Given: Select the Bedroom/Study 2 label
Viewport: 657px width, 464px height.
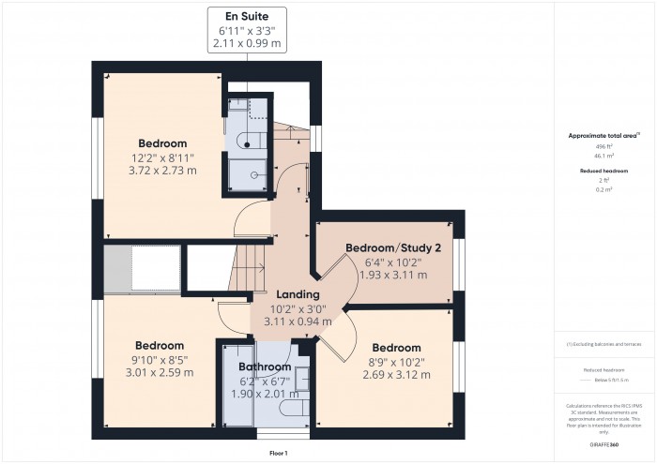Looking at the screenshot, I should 393,247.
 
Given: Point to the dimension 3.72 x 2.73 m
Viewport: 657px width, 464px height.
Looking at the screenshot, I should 163,171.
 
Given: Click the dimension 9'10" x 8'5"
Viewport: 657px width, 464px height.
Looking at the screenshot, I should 163,358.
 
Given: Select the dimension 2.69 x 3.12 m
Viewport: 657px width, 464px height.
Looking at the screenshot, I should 396,375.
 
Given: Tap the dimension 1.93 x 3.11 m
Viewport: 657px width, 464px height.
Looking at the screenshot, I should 393,275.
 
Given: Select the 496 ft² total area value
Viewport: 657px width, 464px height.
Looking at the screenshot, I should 604,147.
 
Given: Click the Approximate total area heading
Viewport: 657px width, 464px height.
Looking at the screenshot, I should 604,135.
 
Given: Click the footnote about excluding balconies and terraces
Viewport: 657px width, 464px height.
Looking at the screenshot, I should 604,345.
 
